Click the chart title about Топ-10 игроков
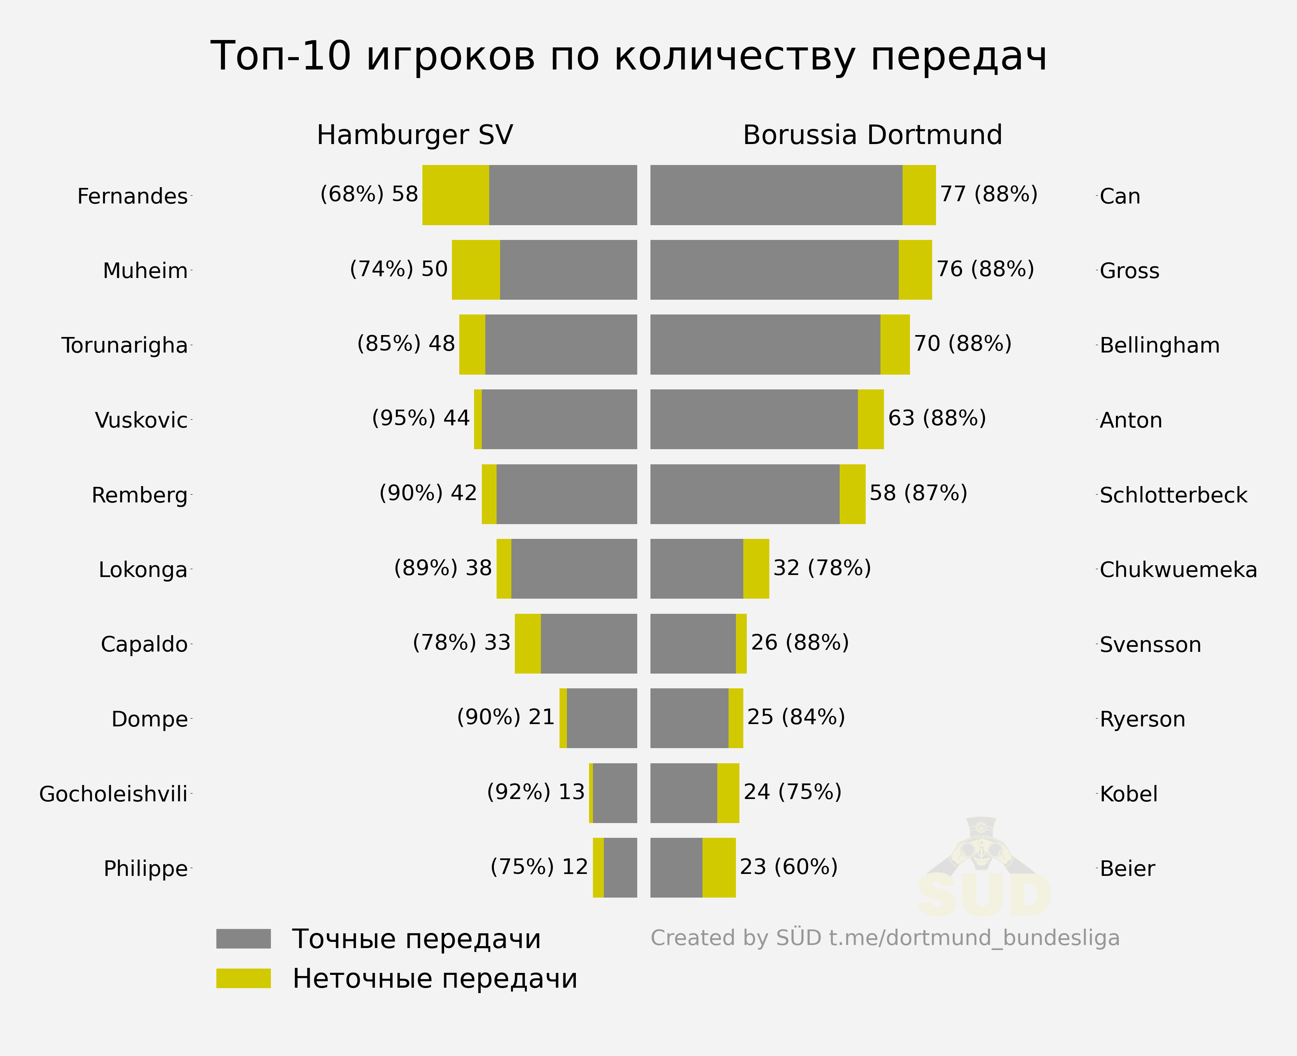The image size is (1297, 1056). [x=628, y=56]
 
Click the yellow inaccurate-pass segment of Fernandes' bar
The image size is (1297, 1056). [x=455, y=195]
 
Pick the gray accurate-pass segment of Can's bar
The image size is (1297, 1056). [x=776, y=195]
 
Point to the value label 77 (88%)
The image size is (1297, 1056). [x=988, y=194]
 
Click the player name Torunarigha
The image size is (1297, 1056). [x=125, y=345]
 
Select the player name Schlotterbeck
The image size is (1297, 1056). [x=1173, y=495]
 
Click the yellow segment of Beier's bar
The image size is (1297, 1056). [x=719, y=867]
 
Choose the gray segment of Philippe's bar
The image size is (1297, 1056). [x=620, y=867]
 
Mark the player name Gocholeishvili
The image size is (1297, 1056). [x=113, y=794]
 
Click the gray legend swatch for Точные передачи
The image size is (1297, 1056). [x=244, y=939]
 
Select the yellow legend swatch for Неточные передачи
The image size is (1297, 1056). [x=244, y=978]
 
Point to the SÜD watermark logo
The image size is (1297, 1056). [x=983, y=870]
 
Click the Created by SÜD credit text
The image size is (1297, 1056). [x=884, y=938]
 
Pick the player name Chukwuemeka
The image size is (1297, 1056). [x=1178, y=570]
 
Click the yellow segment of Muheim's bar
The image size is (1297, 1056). [x=475, y=269]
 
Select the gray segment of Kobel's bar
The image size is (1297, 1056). [x=683, y=793]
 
